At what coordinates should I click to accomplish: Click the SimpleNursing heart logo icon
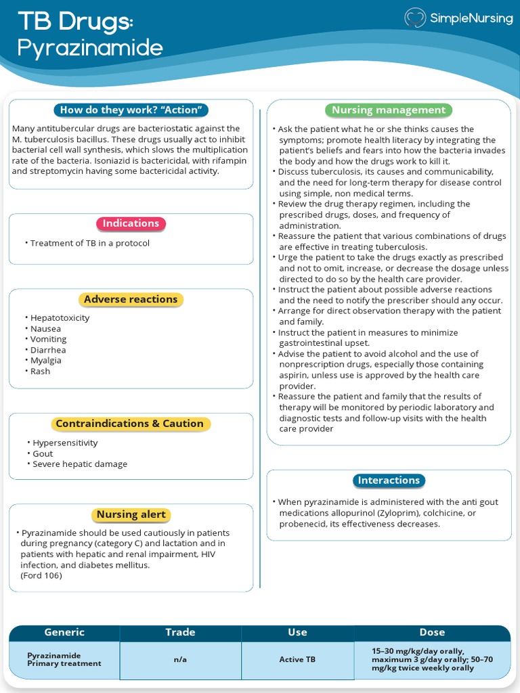tap(415, 18)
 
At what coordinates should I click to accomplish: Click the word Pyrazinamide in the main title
tap(90, 48)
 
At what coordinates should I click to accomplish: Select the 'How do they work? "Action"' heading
tap(131, 110)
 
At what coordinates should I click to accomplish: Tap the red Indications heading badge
tap(131, 223)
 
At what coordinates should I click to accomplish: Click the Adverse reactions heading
tap(131, 299)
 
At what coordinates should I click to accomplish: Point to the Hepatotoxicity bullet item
tap(60, 317)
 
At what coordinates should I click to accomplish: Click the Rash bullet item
tap(40, 371)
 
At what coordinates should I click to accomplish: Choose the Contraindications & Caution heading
tap(130, 424)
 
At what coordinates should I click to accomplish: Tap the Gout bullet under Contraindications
tap(43, 453)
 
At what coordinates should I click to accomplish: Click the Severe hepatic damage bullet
tap(80, 464)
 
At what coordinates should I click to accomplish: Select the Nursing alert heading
tap(131, 514)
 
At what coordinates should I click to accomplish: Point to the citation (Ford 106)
tap(41, 575)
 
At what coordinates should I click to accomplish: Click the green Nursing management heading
tap(389, 110)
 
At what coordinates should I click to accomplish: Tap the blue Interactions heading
tap(389, 480)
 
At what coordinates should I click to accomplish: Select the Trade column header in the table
tap(180, 632)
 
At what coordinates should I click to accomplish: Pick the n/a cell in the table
tap(180, 660)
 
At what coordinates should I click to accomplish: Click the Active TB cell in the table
tap(297, 660)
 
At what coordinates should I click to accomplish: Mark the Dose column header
tap(432, 632)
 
